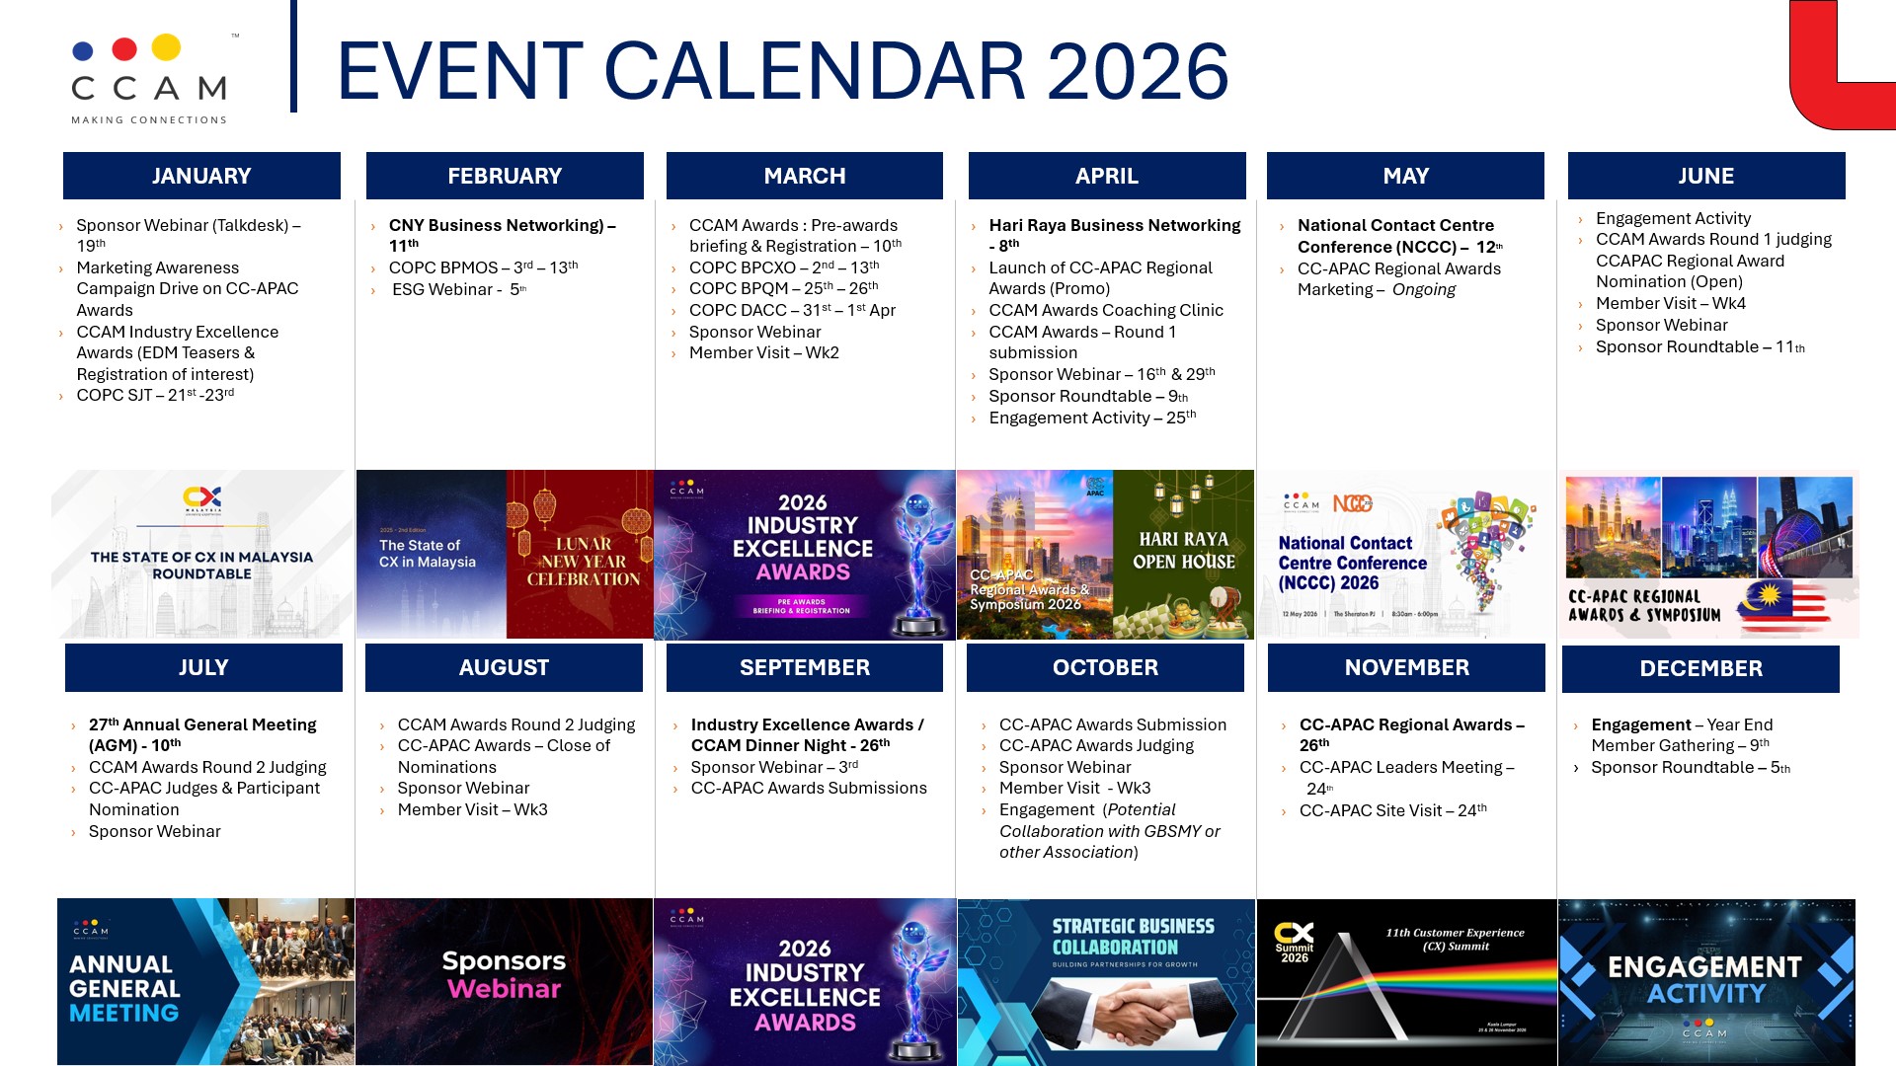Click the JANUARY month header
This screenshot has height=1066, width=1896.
(x=201, y=176)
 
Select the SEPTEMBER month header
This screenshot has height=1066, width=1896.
(x=804, y=667)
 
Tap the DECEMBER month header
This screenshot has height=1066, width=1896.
(x=1700, y=668)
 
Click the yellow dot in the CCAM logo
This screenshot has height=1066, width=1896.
(x=166, y=47)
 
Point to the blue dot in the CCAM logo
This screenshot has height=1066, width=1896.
(x=84, y=51)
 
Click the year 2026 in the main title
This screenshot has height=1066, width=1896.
(x=1138, y=72)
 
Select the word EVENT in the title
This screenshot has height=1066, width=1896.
(x=460, y=72)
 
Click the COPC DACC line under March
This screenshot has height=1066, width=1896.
(x=792, y=310)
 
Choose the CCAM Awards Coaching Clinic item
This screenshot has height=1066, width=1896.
(x=1106, y=310)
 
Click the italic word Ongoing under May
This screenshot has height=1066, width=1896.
(x=1423, y=289)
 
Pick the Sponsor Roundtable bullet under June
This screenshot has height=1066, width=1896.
(x=1699, y=346)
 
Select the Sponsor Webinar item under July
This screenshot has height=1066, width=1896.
(x=154, y=831)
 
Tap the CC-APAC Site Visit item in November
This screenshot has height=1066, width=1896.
(x=1392, y=810)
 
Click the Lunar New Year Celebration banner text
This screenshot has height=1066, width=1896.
(x=583, y=562)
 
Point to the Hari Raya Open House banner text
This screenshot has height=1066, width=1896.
(x=1183, y=551)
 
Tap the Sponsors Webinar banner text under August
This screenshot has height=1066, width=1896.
(x=504, y=974)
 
